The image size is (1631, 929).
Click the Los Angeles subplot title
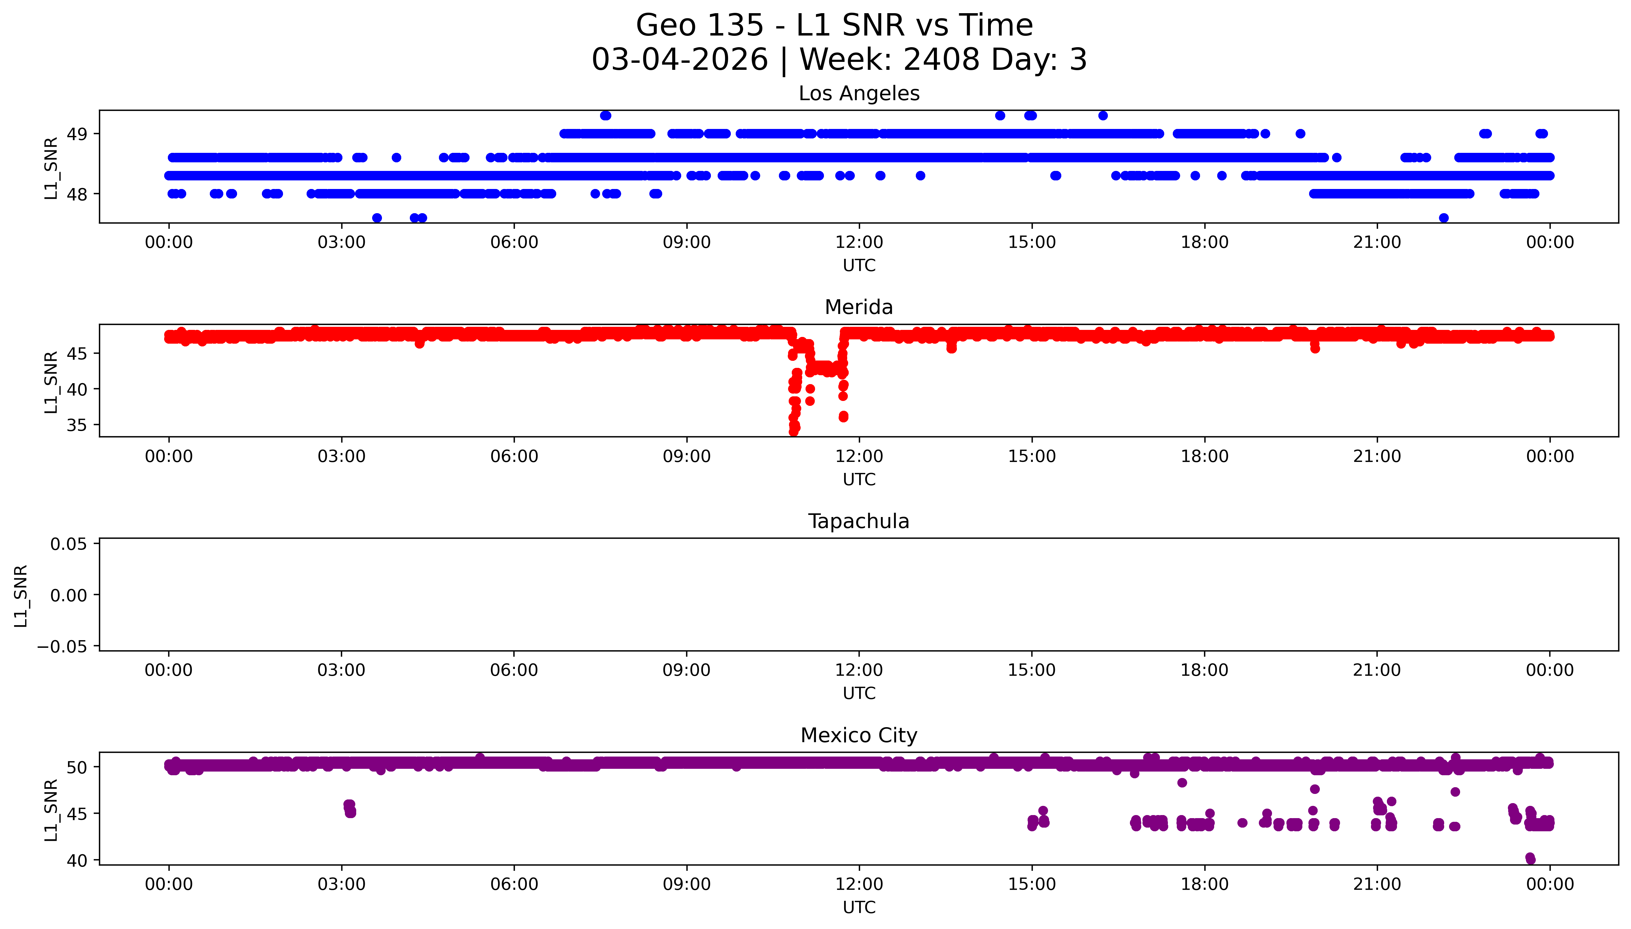pos(859,94)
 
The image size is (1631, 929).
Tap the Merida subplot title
pos(859,308)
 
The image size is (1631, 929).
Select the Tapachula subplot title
pos(859,521)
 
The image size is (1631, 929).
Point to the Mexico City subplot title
pos(859,736)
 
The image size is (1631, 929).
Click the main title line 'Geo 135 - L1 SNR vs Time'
pos(834,25)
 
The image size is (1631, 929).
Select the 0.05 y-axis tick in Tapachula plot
pos(69,544)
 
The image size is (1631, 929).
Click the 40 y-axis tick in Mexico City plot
pos(77,861)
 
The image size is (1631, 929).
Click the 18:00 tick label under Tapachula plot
pos(1204,670)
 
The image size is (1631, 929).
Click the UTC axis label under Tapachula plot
pos(859,693)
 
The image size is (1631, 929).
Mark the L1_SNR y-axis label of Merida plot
pos(51,382)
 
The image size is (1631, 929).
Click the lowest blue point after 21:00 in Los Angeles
pos(1444,217)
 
